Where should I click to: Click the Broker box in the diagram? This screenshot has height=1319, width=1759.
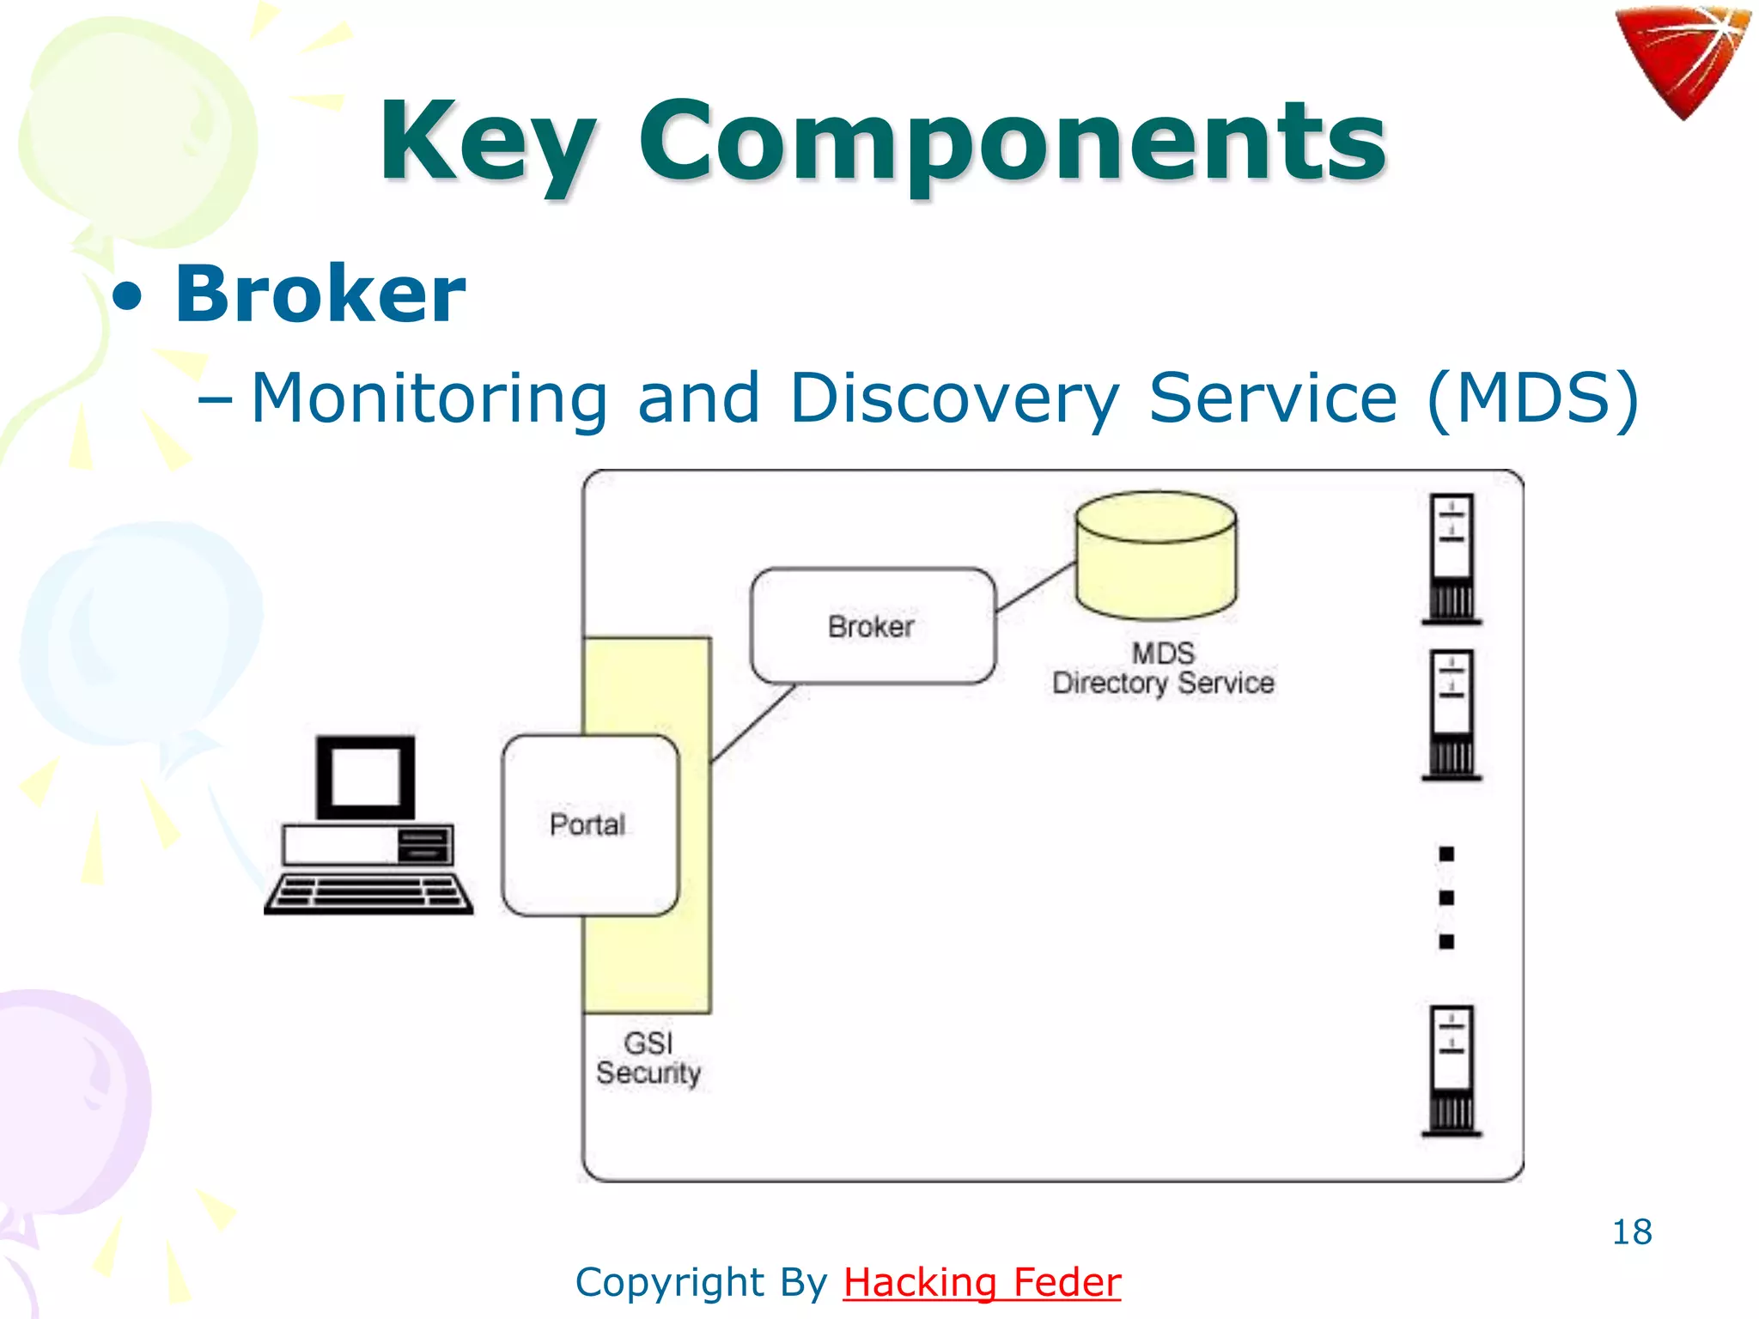pos(873,626)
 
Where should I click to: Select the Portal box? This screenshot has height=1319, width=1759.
pos(589,825)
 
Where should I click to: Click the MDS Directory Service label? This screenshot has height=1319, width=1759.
pos(1163,668)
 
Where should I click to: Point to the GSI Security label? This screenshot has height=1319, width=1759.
pos(648,1058)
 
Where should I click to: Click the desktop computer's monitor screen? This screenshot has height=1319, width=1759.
pos(366,776)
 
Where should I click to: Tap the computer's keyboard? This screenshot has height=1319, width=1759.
pos(368,893)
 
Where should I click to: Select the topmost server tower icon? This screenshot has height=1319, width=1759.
pos(1452,558)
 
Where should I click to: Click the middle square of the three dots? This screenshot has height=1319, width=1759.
pos(1446,898)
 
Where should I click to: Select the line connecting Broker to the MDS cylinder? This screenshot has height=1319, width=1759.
pos(1036,587)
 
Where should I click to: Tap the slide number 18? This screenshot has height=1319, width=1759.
pos(1631,1232)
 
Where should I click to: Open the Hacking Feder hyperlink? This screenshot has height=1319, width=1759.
pos(982,1282)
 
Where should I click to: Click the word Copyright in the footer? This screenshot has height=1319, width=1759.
pos(671,1282)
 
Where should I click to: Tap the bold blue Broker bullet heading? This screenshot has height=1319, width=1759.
pos(320,295)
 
